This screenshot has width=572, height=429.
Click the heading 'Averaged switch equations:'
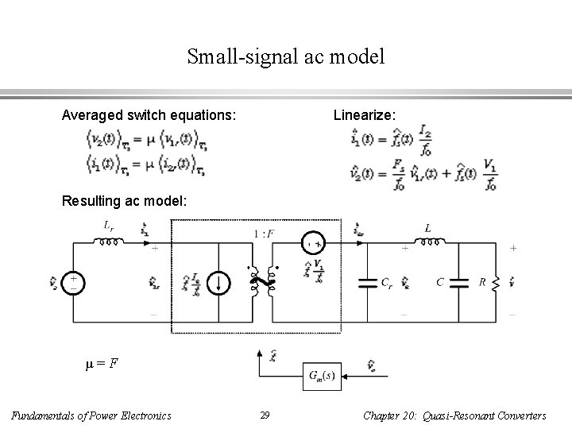pos(149,116)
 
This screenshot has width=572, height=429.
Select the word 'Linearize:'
pos(363,116)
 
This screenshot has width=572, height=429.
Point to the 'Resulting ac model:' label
pos(125,202)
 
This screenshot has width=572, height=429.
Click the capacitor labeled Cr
pos(368,282)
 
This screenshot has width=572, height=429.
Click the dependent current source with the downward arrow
pos(220,282)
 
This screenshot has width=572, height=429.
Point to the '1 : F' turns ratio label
pos(262,233)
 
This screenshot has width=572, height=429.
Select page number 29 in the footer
pos(265,415)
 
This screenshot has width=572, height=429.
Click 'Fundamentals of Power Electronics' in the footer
pos(93,415)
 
